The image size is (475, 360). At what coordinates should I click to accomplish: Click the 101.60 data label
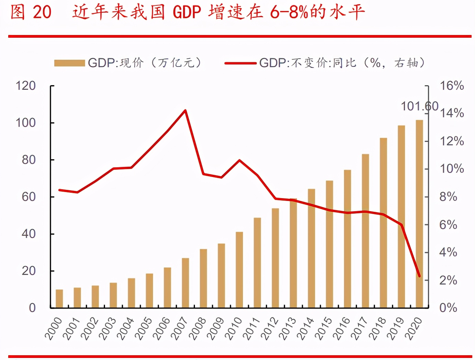tap(419, 106)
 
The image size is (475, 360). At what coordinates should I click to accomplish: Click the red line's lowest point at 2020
tap(419, 276)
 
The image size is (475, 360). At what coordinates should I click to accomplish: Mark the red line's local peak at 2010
tap(239, 160)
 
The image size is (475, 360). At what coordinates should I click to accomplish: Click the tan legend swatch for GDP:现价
tap(69, 63)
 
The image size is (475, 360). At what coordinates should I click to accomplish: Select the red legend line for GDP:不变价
tap(240, 63)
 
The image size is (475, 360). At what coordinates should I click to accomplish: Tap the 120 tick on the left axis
tap(26, 86)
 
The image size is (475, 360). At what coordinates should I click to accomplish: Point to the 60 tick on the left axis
tap(29, 197)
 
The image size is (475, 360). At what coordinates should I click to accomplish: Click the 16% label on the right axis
tap(452, 86)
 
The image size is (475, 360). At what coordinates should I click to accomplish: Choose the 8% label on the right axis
tap(448, 197)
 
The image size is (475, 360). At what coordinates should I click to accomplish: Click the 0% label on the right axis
tap(448, 308)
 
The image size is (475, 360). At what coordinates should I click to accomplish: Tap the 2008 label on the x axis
tap(198, 328)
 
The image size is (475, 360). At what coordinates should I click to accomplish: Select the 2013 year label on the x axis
tap(288, 328)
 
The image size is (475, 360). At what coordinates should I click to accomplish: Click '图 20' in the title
tap(31, 12)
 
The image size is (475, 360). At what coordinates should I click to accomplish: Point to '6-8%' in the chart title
tap(289, 12)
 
